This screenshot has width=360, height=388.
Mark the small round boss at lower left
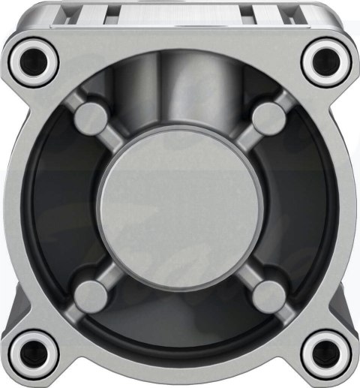(92, 291)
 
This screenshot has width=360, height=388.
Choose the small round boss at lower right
(268, 291)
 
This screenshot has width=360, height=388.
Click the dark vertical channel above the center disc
(180, 90)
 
